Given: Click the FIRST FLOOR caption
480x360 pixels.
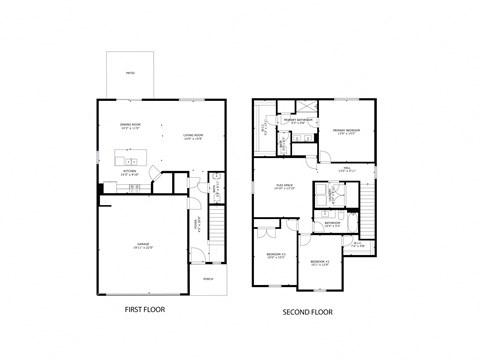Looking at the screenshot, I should [145, 310].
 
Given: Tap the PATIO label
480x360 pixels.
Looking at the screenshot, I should [130, 73].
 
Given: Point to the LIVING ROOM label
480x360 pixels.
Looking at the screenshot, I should [192, 137].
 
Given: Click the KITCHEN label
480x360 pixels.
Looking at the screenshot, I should [129, 172].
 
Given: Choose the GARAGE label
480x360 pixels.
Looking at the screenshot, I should [143, 244].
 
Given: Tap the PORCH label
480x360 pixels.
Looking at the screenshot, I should [208, 279].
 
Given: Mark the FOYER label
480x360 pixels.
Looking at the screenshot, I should [197, 225].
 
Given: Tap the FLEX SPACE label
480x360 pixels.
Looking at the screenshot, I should [284, 186].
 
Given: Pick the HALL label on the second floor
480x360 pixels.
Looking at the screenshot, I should [347, 170].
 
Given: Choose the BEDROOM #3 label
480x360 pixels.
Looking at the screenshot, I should [276, 255].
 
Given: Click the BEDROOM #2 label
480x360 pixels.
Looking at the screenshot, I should [319, 262].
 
